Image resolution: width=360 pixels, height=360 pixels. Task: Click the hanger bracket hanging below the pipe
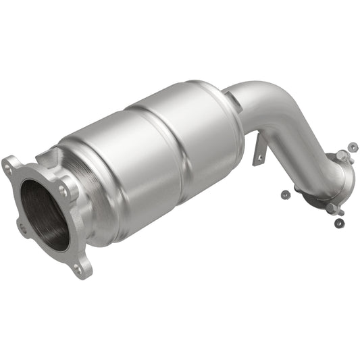click(x=259, y=151)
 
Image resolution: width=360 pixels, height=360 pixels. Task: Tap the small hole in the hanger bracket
click(x=257, y=159)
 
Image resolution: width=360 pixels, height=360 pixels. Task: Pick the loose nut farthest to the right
click(x=352, y=145)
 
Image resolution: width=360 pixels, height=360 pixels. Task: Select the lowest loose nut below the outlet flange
click(x=340, y=223)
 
